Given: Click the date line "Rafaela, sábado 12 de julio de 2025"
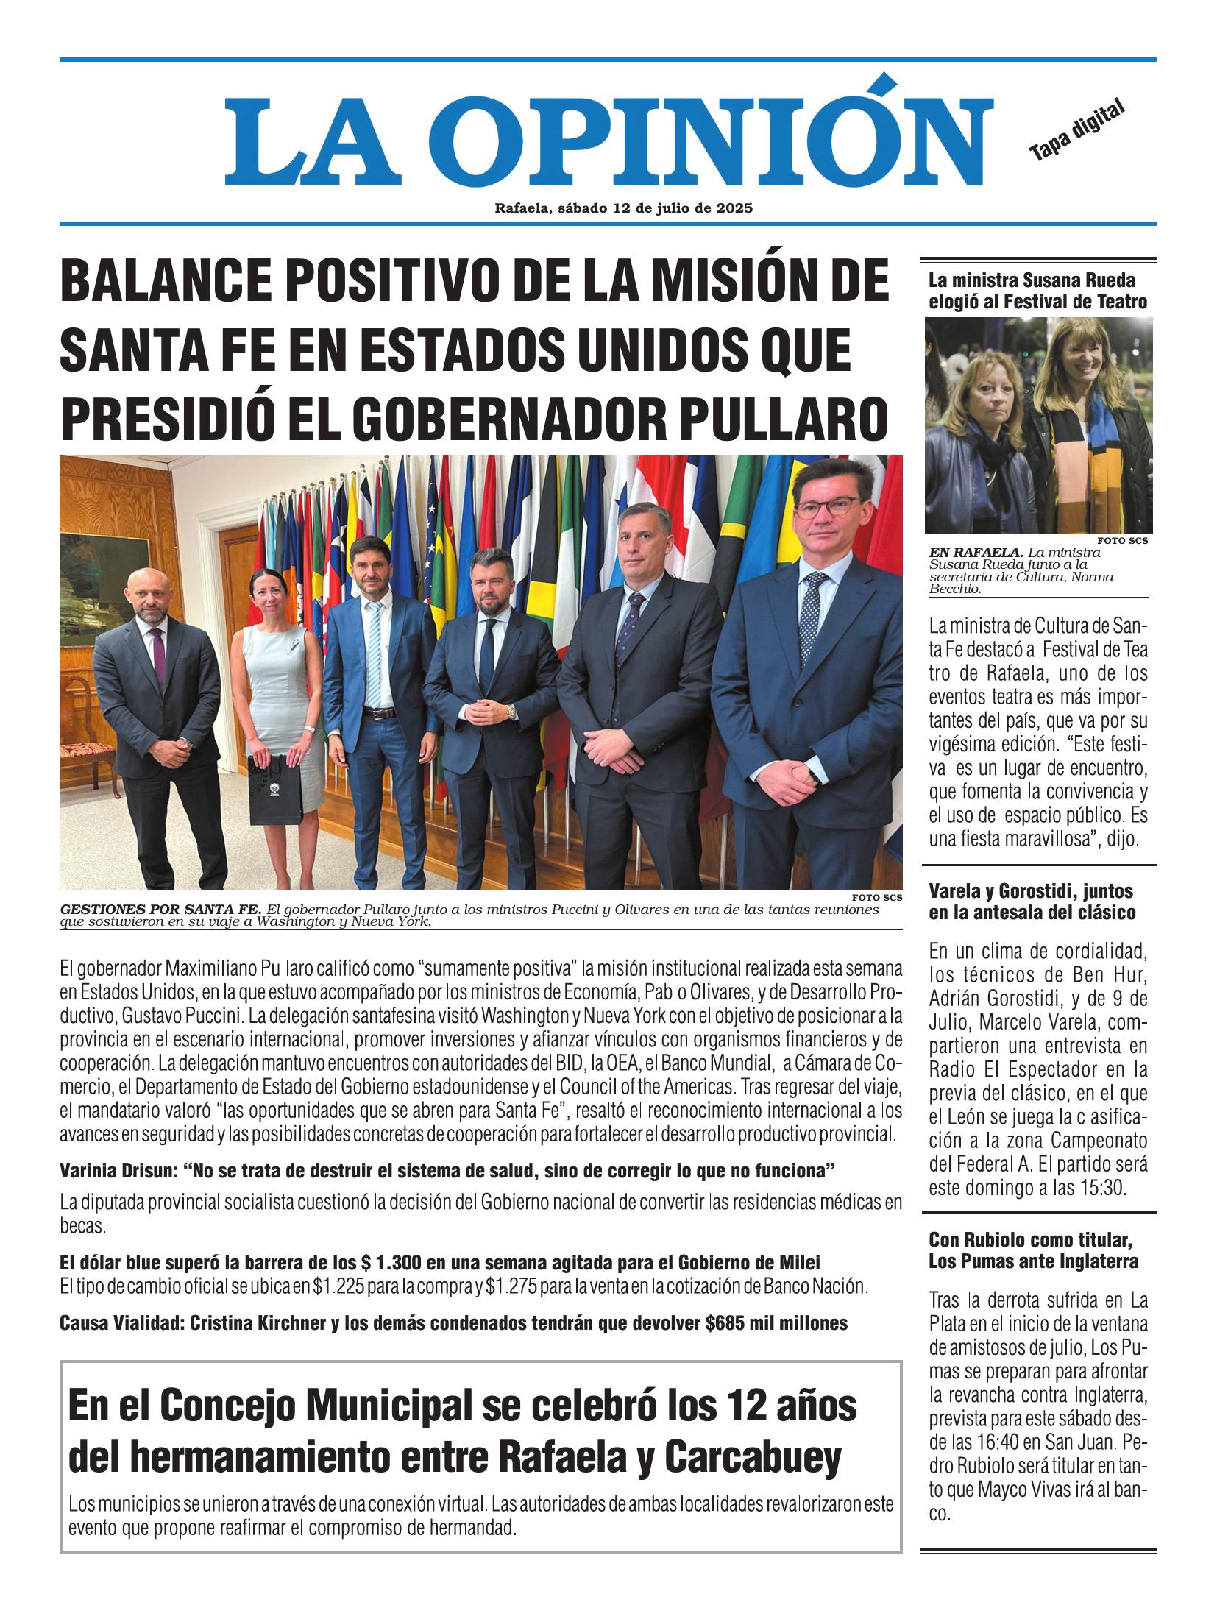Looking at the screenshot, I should pos(623,208).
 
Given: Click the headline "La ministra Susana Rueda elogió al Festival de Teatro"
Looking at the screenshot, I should pos(1037,290).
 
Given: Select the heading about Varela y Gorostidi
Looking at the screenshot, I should pos(1031,902).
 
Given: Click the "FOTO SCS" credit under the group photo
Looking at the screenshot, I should pos(876,897).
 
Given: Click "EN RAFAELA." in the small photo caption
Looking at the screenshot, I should pos(974,552).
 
